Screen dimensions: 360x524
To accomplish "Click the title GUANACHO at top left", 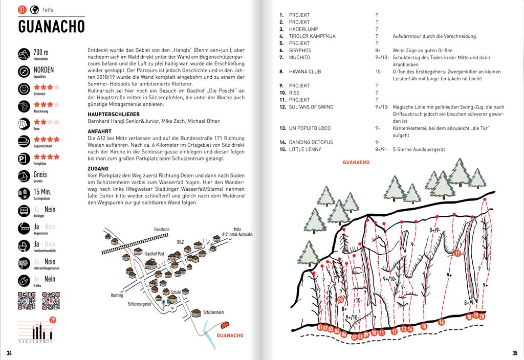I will [51, 26].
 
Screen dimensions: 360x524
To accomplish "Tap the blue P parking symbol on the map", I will [163, 303].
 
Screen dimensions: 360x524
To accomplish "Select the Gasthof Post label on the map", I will [155, 254].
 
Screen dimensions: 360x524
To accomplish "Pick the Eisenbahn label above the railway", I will [161, 230].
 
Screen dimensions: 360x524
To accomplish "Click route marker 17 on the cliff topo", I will [457, 253].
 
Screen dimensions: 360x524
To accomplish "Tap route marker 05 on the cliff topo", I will [341, 300].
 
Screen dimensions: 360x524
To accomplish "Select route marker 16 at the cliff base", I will [441, 322].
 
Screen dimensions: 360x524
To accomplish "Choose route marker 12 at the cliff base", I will [394, 331].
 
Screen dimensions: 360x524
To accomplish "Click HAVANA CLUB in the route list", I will [305, 72].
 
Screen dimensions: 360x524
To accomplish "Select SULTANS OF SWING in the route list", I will [311, 107].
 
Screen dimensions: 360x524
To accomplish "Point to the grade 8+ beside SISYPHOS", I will [378, 51].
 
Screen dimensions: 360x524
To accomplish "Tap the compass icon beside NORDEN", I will [24, 71].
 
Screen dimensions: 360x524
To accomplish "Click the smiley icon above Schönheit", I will [24, 88].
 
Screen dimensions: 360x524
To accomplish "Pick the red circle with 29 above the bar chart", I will [53, 320].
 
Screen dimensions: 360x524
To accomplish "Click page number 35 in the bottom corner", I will [514, 353].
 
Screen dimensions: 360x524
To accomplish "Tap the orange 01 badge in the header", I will [22, 10].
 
